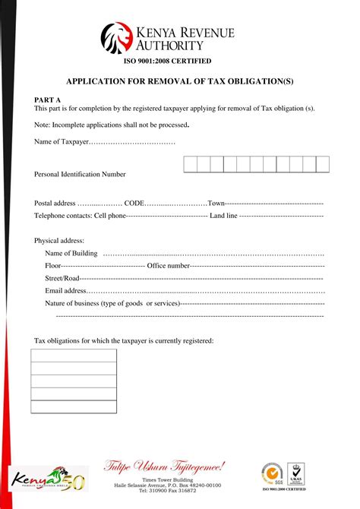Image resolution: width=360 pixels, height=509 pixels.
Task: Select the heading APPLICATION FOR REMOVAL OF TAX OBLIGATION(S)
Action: click(x=179, y=81)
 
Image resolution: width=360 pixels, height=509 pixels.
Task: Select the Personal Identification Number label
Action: click(x=80, y=175)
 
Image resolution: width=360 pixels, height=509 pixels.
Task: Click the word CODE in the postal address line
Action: click(x=134, y=204)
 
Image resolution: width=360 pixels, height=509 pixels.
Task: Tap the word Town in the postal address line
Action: click(x=216, y=204)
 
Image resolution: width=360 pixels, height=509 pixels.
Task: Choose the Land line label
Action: click(x=223, y=216)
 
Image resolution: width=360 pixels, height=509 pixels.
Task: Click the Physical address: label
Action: click(x=59, y=241)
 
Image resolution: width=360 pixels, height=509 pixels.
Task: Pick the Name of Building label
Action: click(x=71, y=254)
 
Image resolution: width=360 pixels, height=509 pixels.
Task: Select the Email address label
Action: click(x=66, y=290)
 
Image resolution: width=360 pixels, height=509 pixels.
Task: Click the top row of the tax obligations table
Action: click(x=74, y=356)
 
